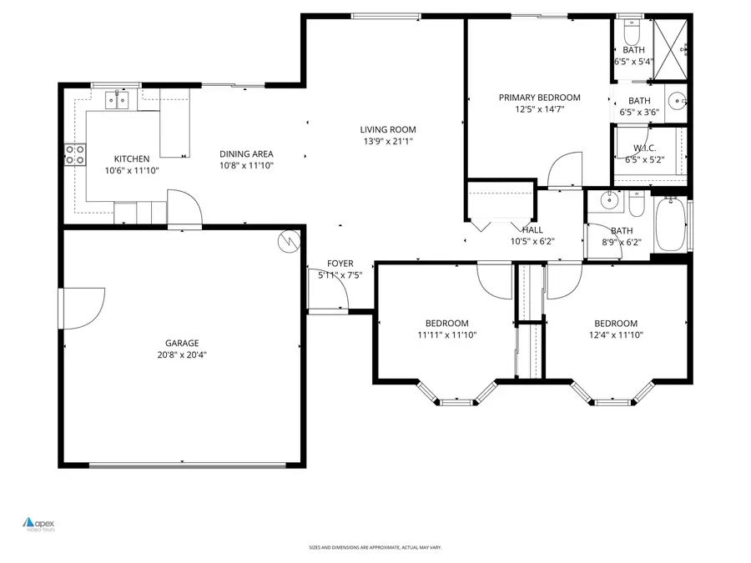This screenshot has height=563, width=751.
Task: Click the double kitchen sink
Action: pos(116,101)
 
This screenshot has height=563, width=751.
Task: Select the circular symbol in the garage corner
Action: pos(288,240)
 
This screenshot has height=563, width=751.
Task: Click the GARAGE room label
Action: pos(181,343)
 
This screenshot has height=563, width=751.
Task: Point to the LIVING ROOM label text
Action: pos(387,129)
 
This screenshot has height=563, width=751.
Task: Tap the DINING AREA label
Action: pos(246,153)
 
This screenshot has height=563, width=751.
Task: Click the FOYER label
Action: pos(340,263)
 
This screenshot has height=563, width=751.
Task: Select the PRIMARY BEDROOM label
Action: pos(539,98)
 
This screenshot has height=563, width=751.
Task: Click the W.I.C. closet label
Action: pos(645,148)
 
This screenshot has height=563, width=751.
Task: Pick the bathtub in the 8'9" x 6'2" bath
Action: pos(671,224)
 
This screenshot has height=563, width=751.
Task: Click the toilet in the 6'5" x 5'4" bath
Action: pos(631,34)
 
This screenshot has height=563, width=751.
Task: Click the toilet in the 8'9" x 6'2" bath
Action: pos(637,204)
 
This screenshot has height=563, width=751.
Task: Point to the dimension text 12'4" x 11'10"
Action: pos(615,335)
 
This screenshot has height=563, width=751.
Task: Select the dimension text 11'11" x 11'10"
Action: pos(446,335)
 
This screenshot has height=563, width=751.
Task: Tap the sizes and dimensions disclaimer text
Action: pos(375,548)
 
